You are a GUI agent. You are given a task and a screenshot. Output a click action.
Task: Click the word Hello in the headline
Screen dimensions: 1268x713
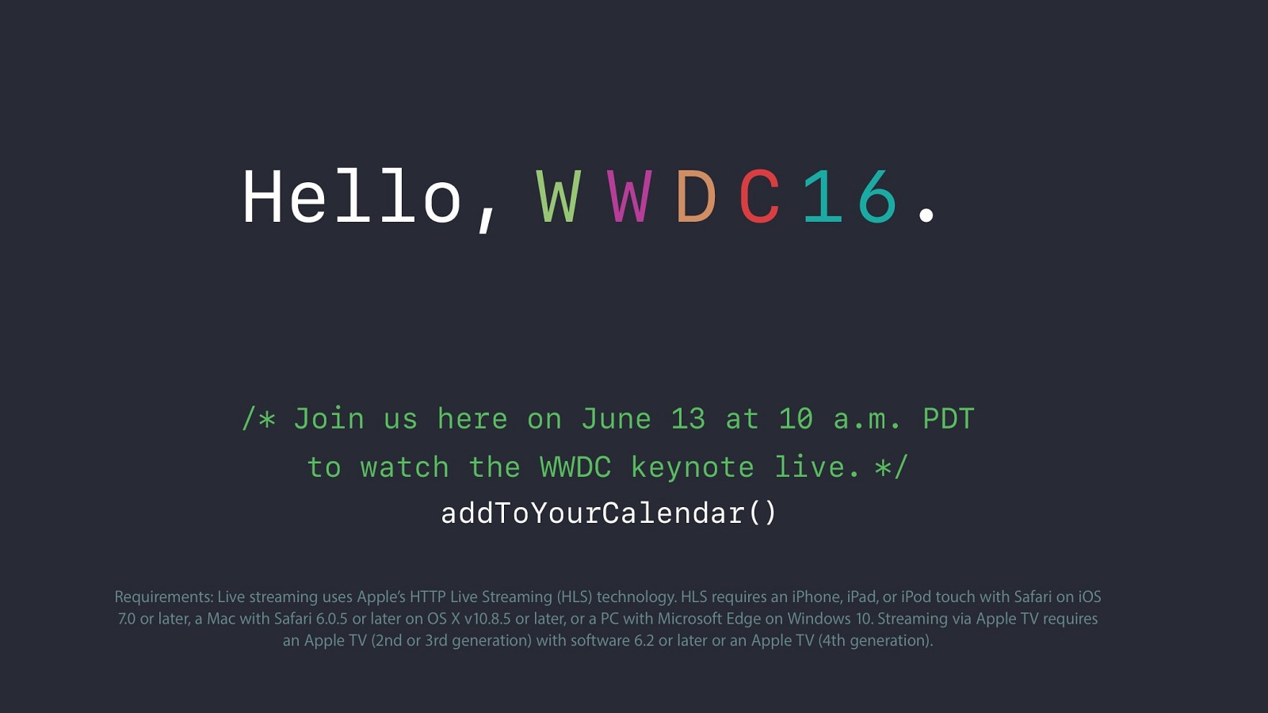(352, 196)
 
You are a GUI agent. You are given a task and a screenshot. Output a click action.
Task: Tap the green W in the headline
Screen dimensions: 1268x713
(559, 196)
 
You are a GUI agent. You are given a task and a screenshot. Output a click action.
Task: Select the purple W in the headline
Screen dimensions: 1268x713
(629, 196)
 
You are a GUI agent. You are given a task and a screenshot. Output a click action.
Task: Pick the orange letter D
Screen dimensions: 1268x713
(696, 196)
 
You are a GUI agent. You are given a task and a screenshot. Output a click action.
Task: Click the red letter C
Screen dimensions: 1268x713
(760, 196)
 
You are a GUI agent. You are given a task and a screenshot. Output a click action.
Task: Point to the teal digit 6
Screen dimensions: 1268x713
(877, 196)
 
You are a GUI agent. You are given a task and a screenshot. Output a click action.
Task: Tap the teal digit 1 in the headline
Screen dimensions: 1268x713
(823, 196)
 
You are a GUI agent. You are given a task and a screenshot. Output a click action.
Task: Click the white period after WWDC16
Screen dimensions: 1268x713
(926, 215)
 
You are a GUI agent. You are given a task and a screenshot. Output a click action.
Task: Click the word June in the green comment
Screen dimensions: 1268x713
(617, 419)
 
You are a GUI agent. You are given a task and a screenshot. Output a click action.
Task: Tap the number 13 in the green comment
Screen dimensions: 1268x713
(689, 419)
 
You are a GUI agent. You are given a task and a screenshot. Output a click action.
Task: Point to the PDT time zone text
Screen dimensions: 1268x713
(949, 419)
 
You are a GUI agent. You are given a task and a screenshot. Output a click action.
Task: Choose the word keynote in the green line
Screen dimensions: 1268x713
(693, 468)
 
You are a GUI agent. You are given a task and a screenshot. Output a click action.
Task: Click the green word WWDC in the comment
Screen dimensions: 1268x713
(575, 467)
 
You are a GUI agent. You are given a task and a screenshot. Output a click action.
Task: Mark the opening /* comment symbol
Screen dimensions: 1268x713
(258, 419)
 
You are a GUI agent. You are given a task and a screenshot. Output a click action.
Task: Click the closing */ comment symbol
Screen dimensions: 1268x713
(891, 467)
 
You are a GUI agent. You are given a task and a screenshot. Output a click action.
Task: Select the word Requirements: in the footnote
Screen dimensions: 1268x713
(164, 597)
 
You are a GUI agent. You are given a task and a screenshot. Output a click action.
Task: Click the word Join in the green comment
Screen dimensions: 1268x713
(329, 419)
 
